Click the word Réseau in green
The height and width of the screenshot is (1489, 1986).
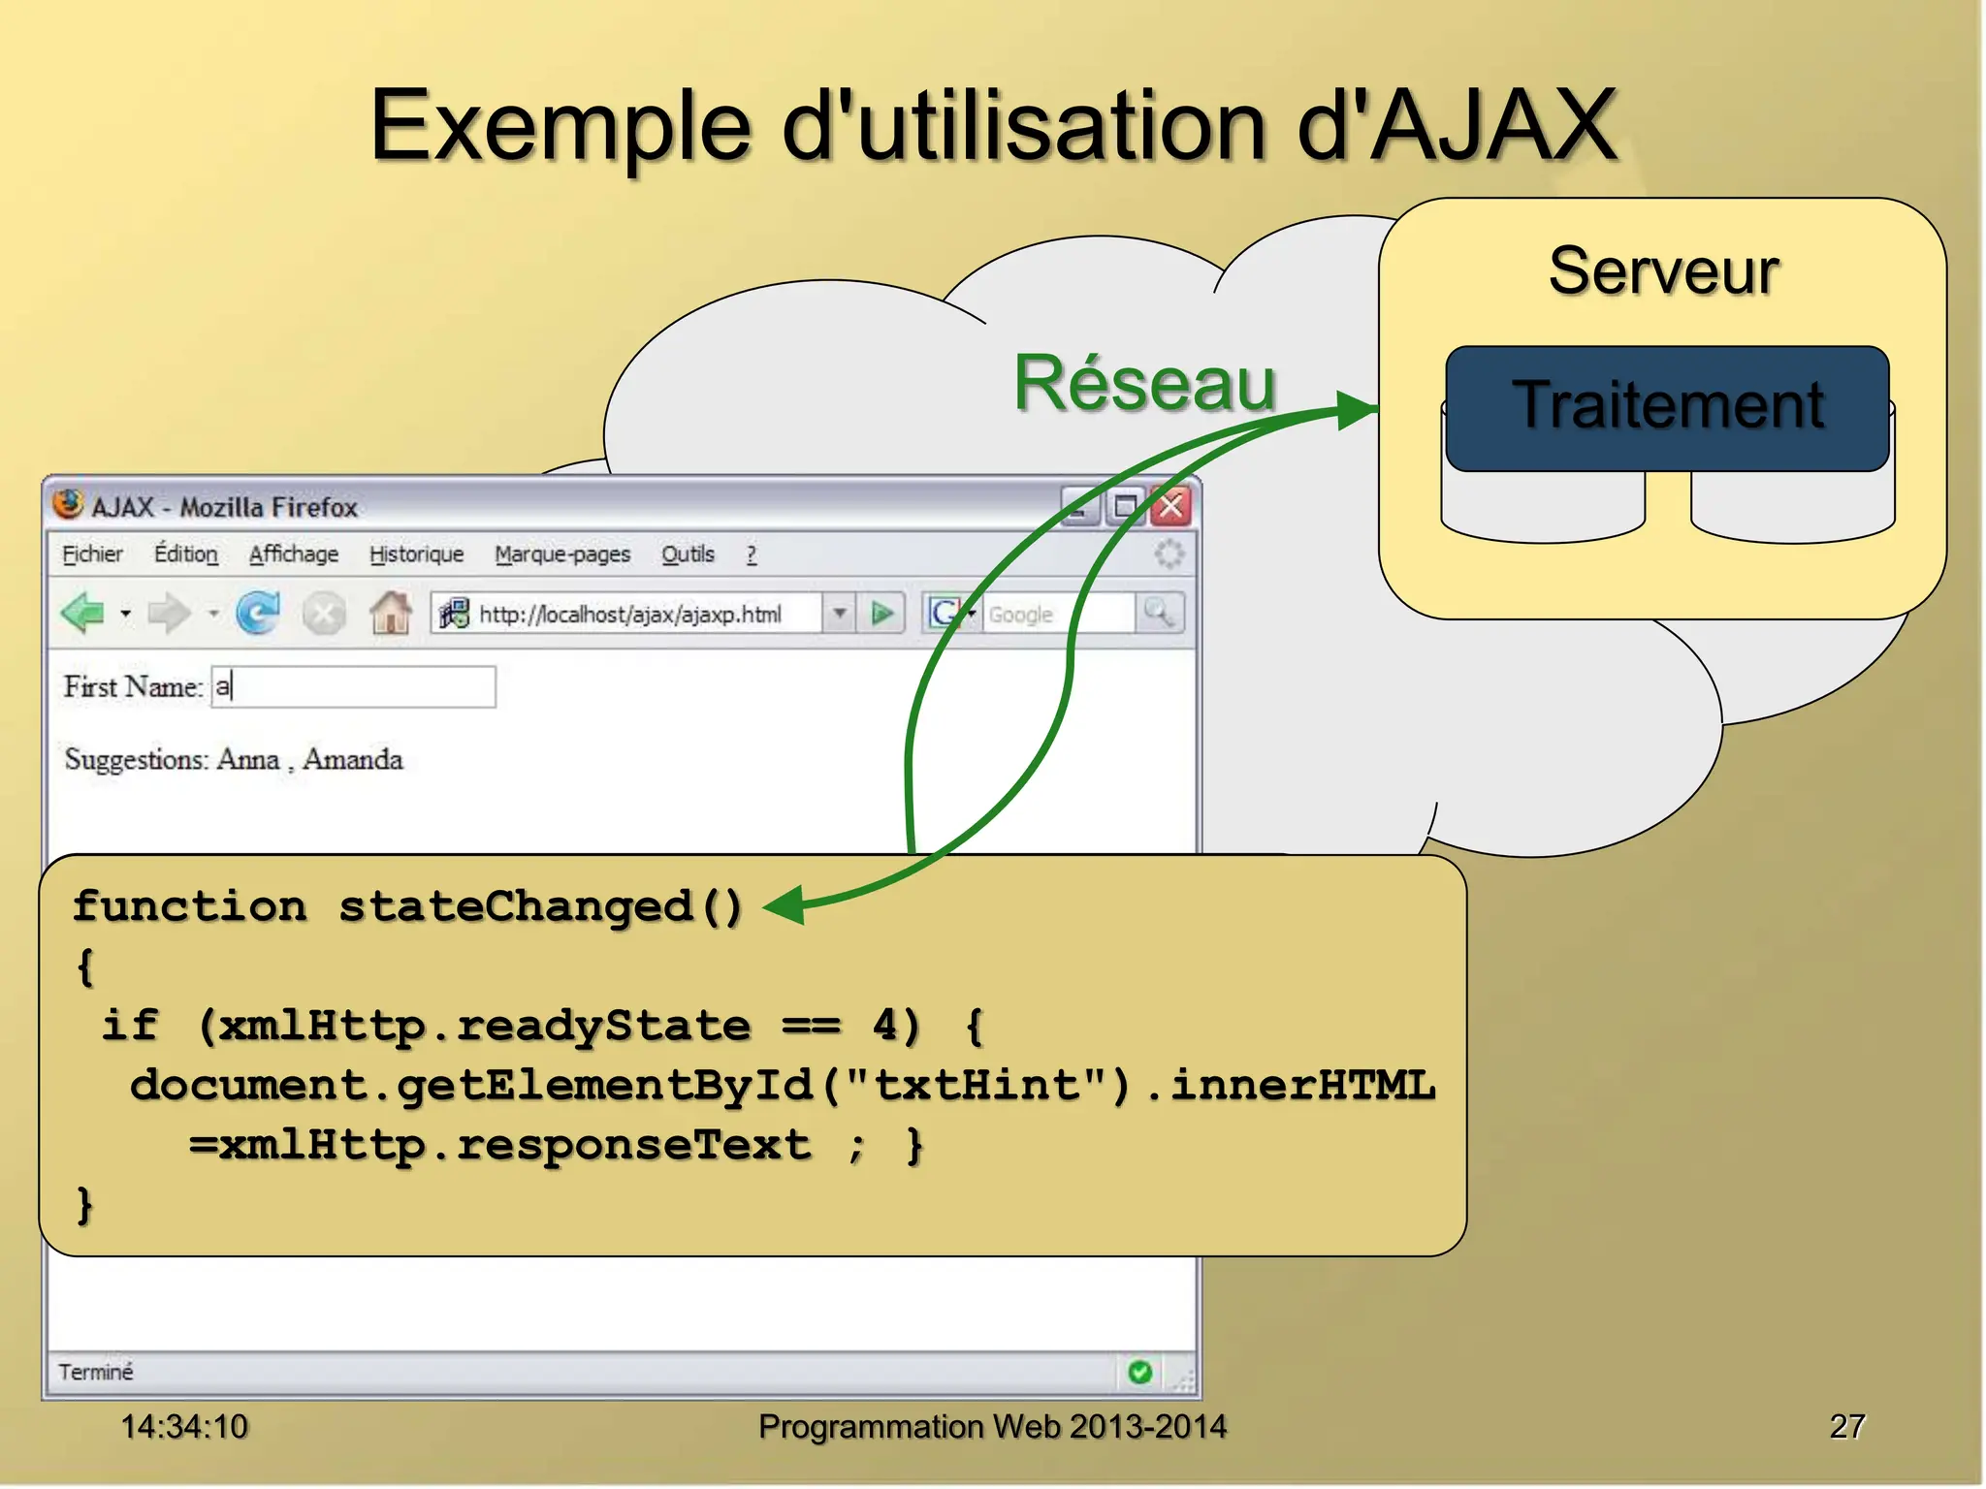click(x=1144, y=383)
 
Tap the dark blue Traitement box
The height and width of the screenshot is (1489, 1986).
click(x=1666, y=407)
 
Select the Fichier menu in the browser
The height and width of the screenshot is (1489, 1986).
click(x=92, y=554)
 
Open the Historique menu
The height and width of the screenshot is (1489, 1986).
click(x=416, y=554)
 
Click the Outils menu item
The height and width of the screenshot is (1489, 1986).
click(x=688, y=554)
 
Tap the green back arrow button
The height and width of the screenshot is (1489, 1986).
click(x=83, y=613)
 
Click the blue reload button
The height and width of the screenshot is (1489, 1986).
click(x=258, y=613)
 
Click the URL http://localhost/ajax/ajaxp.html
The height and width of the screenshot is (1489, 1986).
click(x=629, y=614)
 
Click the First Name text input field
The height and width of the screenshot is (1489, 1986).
click(x=354, y=686)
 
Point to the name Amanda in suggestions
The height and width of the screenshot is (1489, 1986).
click(x=352, y=759)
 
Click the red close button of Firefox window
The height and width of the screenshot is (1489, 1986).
click(x=1171, y=506)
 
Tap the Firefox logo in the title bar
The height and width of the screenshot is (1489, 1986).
click(x=68, y=504)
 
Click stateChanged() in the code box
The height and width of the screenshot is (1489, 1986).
click(x=540, y=907)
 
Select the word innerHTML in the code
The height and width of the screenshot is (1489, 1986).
click(x=1302, y=1086)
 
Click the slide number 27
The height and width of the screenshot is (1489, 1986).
click(x=1846, y=1426)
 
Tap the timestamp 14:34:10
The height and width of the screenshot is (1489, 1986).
click(x=184, y=1426)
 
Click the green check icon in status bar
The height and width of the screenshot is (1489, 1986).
click(x=1140, y=1372)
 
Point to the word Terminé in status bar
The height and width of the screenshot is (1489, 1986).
click(x=95, y=1372)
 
